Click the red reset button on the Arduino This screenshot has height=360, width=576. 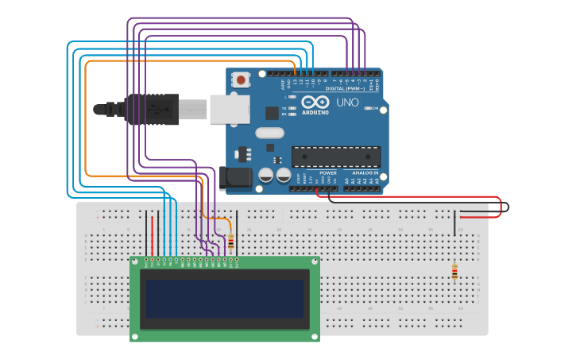pyautogui.click(x=240, y=79)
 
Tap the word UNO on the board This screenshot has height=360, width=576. pyautogui.click(x=348, y=103)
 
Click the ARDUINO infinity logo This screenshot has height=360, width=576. pyautogui.click(x=315, y=102)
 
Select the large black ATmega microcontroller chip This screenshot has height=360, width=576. pyautogui.click(x=335, y=157)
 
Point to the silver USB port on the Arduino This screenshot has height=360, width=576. pyautogui.click(x=230, y=110)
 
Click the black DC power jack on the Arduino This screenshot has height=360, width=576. pyautogui.click(x=236, y=178)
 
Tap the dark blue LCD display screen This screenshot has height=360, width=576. pyautogui.click(x=225, y=299)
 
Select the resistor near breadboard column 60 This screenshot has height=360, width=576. pyautogui.click(x=454, y=272)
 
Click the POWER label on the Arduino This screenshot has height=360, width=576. pyautogui.click(x=327, y=172)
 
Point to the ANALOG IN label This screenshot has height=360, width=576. pyautogui.click(x=365, y=172)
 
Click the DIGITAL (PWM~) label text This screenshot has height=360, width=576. pyautogui.click(x=346, y=89)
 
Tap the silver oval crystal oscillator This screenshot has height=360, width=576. pyautogui.click(x=269, y=133)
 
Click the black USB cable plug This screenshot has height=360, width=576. pyautogui.click(x=147, y=110)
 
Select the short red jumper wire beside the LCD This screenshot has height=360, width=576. pyautogui.click(x=152, y=234)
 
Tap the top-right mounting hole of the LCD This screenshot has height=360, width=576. pyautogui.click(x=315, y=261)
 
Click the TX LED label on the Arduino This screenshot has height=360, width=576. pyautogui.click(x=284, y=107)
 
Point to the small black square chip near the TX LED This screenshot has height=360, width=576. pyautogui.click(x=272, y=113)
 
